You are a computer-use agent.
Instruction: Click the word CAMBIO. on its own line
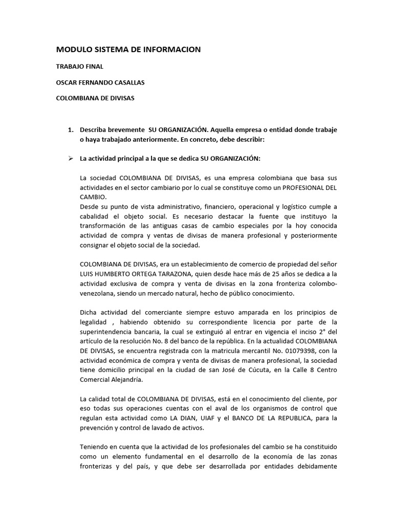[93, 197]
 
